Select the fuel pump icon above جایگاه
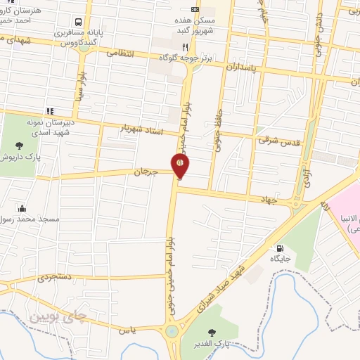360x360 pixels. (x=281, y=248)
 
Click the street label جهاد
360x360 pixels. (x=268, y=200)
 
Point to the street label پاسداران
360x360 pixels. (x=243, y=65)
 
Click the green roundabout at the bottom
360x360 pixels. (x=172, y=331)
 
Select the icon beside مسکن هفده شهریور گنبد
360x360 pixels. (x=195, y=9)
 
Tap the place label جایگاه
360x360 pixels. (x=281, y=259)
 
